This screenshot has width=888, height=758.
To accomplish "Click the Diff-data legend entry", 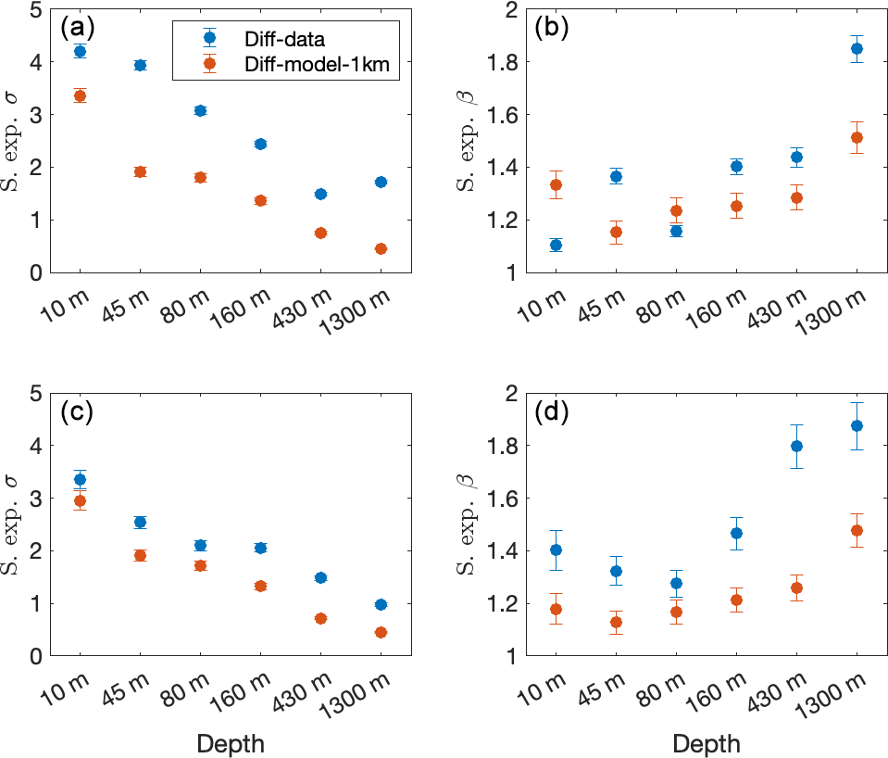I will click(256, 38).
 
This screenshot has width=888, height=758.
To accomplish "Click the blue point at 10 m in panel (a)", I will click(81, 52).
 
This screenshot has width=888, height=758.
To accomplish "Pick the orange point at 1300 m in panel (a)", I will click(381, 248).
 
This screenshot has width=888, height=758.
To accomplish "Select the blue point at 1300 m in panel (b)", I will click(857, 48).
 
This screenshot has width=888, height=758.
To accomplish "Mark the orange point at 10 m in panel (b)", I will click(556, 184).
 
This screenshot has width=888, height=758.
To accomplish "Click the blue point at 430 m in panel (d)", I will click(796, 446).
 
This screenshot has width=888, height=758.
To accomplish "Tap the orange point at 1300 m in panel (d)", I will click(857, 530).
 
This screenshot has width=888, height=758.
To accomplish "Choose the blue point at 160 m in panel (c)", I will click(260, 548).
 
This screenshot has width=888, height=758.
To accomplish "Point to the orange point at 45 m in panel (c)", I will click(141, 555).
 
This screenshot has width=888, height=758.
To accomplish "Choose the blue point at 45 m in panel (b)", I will click(616, 176).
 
